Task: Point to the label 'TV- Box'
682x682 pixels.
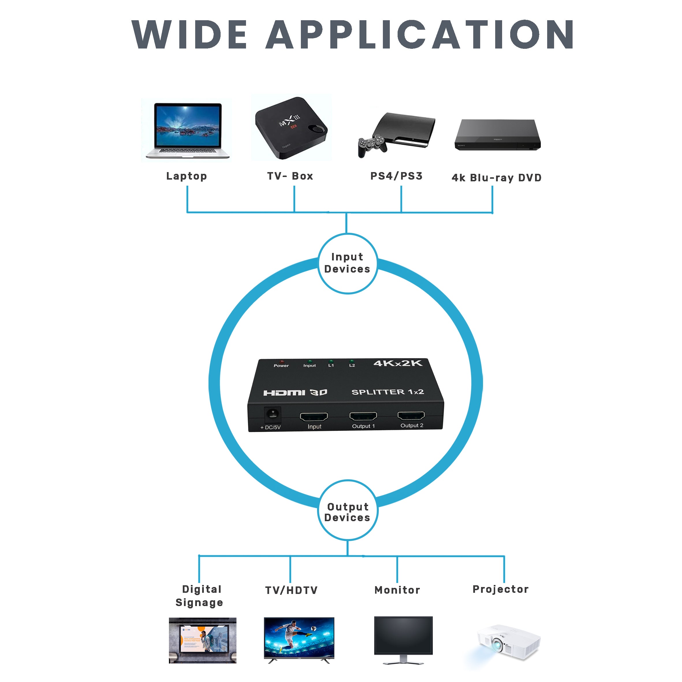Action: (290, 176)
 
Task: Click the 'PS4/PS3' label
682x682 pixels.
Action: (396, 176)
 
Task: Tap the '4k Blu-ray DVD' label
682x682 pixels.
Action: (496, 178)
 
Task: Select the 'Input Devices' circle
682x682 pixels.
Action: (348, 263)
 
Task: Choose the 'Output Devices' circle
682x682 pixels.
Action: (348, 512)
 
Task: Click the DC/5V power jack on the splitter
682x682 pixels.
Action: (273, 414)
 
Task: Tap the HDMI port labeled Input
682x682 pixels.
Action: (314, 417)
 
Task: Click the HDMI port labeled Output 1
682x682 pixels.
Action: (363, 416)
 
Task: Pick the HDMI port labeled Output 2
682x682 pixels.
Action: (411, 415)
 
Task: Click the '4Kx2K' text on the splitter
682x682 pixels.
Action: (398, 363)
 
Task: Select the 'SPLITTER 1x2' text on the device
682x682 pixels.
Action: (387, 392)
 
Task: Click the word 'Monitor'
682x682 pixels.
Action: (397, 590)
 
